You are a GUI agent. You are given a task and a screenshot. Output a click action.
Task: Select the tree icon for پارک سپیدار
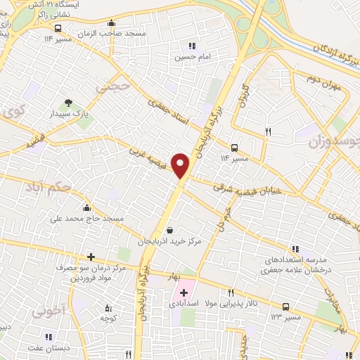pos(69,103)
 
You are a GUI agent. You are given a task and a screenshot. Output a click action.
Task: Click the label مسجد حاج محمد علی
pos(86,219)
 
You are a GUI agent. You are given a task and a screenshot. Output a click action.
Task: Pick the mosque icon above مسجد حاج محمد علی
pos(86,207)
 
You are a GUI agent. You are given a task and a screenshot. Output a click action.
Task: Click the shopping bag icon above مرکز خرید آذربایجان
pos(169,229)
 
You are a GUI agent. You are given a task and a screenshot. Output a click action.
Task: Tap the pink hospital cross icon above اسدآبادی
pos(184,292)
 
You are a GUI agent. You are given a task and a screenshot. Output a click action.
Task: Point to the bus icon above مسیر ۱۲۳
pos(285,307)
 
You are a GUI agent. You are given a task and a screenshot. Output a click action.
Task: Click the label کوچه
pos(108,319)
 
